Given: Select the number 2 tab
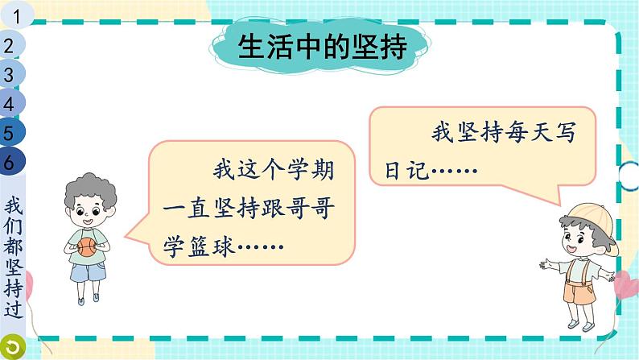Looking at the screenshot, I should coord(10,46).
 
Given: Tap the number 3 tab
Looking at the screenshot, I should coord(10,75).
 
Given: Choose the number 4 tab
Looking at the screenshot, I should coord(10,103).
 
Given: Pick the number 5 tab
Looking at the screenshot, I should coord(10,132).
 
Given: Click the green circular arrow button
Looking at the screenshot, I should coord(12,347).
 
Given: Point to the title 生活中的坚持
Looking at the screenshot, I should coord(321,48).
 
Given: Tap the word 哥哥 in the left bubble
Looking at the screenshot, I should coord(314,209).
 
